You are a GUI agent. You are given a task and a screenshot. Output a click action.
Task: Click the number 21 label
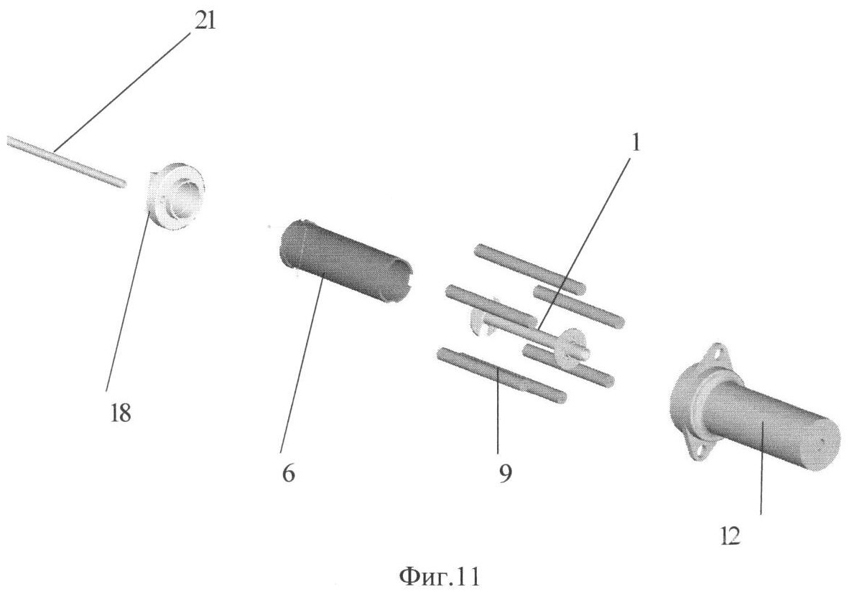coord(204,21)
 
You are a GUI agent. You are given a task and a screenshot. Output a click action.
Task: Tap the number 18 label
coord(120,414)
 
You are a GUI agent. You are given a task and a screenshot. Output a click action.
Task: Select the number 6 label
coord(289,474)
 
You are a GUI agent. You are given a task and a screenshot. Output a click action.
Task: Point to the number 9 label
coord(505,474)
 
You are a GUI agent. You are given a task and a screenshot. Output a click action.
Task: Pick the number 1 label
coord(636,143)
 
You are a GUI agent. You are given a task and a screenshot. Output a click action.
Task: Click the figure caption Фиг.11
coord(439,576)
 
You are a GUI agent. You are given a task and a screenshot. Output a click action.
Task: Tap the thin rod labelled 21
coord(67,161)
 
